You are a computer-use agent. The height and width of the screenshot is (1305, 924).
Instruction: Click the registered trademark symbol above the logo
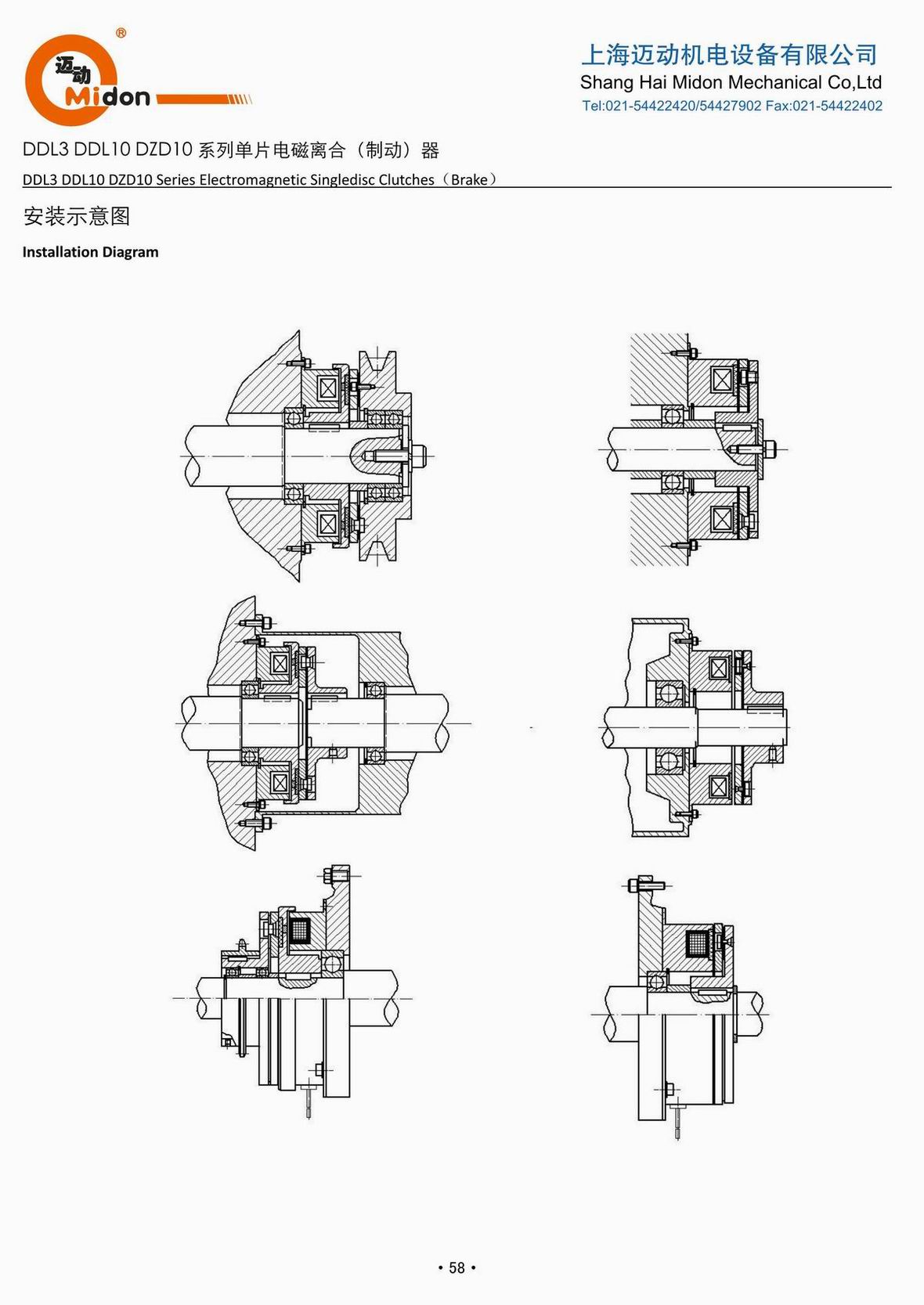pyautogui.click(x=121, y=33)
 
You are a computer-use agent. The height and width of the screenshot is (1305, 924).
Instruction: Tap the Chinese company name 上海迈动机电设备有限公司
pyautogui.click(x=729, y=54)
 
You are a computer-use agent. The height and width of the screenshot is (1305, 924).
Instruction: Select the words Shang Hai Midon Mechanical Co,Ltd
pyautogui.click(x=731, y=82)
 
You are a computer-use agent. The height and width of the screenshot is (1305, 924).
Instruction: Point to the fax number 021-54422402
pyautogui.click(x=837, y=106)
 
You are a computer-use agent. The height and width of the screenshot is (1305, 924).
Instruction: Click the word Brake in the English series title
pyautogui.click(x=469, y=179)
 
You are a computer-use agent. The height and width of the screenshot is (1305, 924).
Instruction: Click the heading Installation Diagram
pyautogui.click(x=90, y=252)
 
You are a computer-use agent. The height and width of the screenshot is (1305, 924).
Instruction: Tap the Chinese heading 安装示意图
pyautogui.click(x=77, y=216)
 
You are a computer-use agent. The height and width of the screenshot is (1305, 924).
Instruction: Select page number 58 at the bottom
pyautogui.click(x=457, y=1267)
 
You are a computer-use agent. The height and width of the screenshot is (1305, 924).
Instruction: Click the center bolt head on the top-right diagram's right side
pyautogui.click(x=770, y=449)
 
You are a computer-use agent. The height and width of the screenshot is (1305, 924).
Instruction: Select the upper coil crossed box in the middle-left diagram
pyautogui.click(x=280, y=664)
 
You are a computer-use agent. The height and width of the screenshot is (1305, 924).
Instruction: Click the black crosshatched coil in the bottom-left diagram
pyautogui.click(x=301, y=931)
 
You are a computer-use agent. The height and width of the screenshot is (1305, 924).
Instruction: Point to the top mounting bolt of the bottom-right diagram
pyautogui.click(x=645, y=885)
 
